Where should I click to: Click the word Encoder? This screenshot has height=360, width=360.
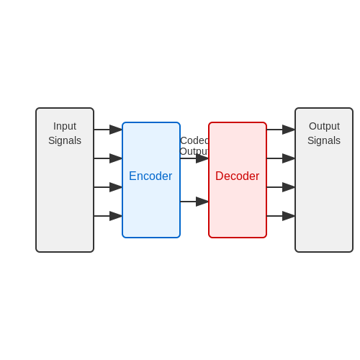(x=150, y=176)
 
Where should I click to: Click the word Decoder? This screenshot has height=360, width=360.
(x=238, y=176)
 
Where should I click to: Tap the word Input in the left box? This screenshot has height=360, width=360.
(x=65, y=127)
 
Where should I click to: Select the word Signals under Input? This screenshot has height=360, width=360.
(x=65, y=140)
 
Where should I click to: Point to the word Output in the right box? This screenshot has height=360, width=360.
(x=324, y=127)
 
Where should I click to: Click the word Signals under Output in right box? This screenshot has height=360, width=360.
(x=324, y=140)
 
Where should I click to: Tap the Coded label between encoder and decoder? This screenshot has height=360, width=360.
(x=194, y=140)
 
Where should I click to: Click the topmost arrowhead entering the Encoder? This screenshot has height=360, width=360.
(x=116, y=130)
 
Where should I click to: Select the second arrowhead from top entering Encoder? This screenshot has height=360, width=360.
(x=116, y=158)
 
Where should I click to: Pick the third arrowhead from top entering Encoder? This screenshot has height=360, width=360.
(x=116, y=187)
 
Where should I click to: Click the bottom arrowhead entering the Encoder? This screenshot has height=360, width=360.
(x=116, y=216)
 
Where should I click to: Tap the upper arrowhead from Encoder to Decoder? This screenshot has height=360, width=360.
(x=202, y=158)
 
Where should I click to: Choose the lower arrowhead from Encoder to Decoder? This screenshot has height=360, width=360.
(x=202, y=202)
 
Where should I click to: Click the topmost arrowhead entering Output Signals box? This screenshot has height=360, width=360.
(x=289, y=130)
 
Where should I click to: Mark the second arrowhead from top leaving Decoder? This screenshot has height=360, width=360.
(x=289, y=158)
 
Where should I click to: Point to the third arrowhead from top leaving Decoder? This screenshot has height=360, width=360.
(x=289, y=187)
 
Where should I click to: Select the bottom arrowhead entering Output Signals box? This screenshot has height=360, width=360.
(x=289, y=216)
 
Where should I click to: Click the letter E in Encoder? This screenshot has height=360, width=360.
(x=132, y=176)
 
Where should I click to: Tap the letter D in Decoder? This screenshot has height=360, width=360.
(x=220, y=176)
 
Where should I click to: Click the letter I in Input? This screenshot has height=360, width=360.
(x=55, y=126)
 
